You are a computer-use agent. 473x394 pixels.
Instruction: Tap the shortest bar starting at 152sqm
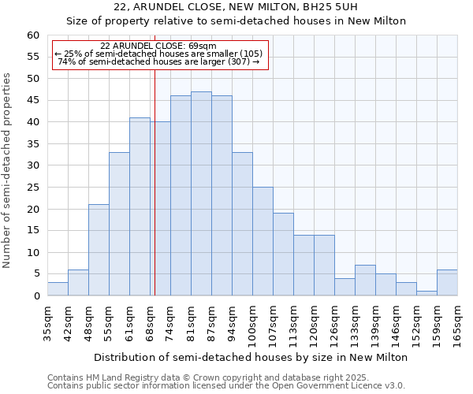[x=426, y=293]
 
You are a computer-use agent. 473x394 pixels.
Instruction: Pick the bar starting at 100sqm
[x=263, y=241]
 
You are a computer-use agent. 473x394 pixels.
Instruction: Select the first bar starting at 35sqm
[x=58, y=289]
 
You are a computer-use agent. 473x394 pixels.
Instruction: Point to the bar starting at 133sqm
[x=365, y=281]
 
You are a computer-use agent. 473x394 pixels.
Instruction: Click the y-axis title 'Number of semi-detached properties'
[x=8, y=170]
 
